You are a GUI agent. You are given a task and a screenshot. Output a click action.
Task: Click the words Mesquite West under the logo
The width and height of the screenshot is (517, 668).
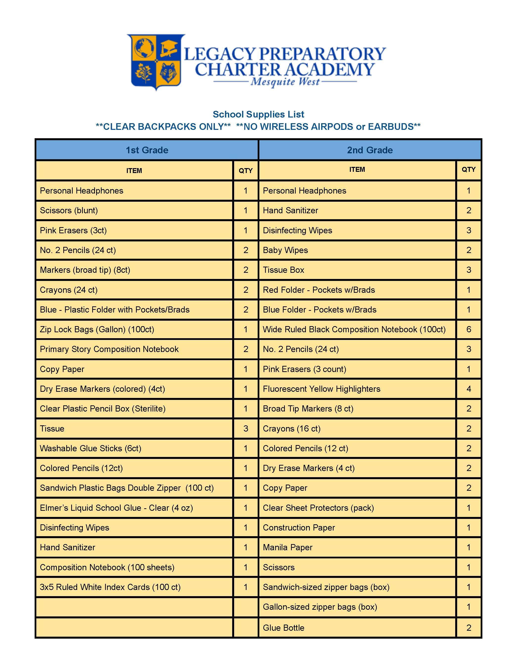pos(285,82)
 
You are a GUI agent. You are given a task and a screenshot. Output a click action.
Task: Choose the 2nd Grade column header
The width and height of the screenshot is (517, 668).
pos(370,150)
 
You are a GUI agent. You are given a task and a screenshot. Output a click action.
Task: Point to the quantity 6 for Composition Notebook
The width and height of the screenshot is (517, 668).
pos(469,329)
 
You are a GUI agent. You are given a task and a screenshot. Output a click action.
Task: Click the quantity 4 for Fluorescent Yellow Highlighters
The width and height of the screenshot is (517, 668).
pos(469,389)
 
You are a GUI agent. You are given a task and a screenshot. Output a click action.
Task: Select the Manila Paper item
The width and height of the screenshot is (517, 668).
pos(288,547)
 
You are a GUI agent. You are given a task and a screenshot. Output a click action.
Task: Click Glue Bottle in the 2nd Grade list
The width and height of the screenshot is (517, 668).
pos(284,628)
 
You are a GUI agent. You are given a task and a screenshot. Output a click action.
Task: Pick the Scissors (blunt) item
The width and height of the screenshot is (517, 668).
pos(69,210)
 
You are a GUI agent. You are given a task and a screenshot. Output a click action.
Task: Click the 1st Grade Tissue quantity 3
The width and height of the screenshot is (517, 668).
pos(246,429)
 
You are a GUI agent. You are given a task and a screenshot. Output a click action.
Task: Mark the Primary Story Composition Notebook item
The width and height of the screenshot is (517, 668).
pos(109,349)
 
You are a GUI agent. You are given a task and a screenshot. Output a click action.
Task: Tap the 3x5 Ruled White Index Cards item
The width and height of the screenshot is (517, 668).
pos(110,587)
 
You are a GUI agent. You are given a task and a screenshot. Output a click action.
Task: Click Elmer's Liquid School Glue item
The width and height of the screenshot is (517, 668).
pos(116,508)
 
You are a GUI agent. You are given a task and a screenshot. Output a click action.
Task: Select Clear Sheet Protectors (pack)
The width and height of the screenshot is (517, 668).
pos(318,508)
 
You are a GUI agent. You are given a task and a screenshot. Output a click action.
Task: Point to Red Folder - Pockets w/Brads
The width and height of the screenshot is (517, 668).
pos(319,290)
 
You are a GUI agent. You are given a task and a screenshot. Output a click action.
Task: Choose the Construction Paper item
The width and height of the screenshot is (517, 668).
pos(299,528)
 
